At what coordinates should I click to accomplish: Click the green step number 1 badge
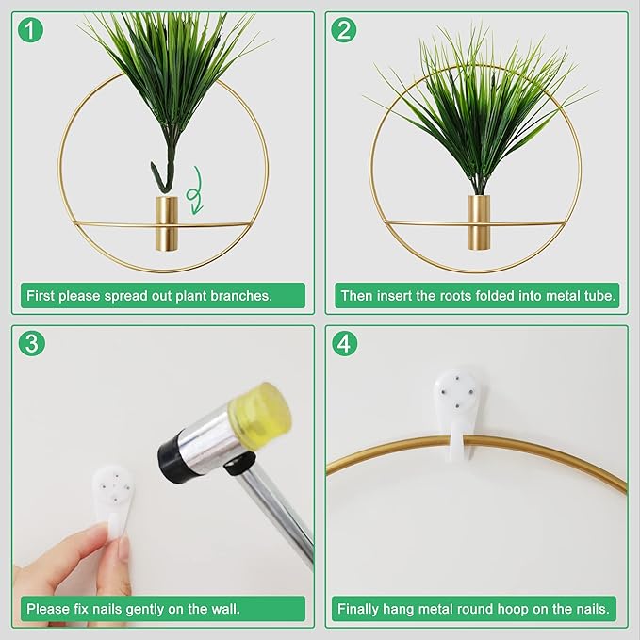tap(33, 30)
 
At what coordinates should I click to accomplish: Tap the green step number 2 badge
tap(345, 30)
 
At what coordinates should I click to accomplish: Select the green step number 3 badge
tap(33, 344)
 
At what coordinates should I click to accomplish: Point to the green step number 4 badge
tap(345, 344)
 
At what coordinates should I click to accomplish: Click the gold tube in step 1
tap(165, 224)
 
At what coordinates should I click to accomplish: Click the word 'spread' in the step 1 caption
tap(131, 296)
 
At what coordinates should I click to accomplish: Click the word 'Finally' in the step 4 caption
tap(360, 609)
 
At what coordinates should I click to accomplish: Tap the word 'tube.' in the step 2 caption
tap(599, 296)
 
